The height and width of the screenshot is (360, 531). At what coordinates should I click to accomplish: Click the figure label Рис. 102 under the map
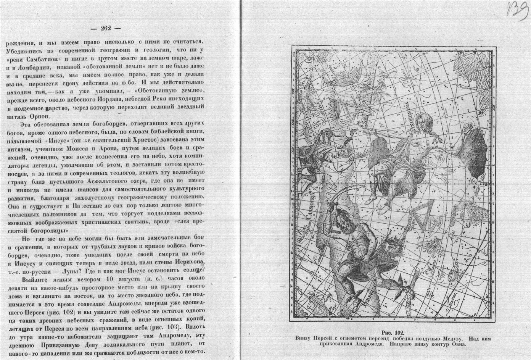coord(392,332)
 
